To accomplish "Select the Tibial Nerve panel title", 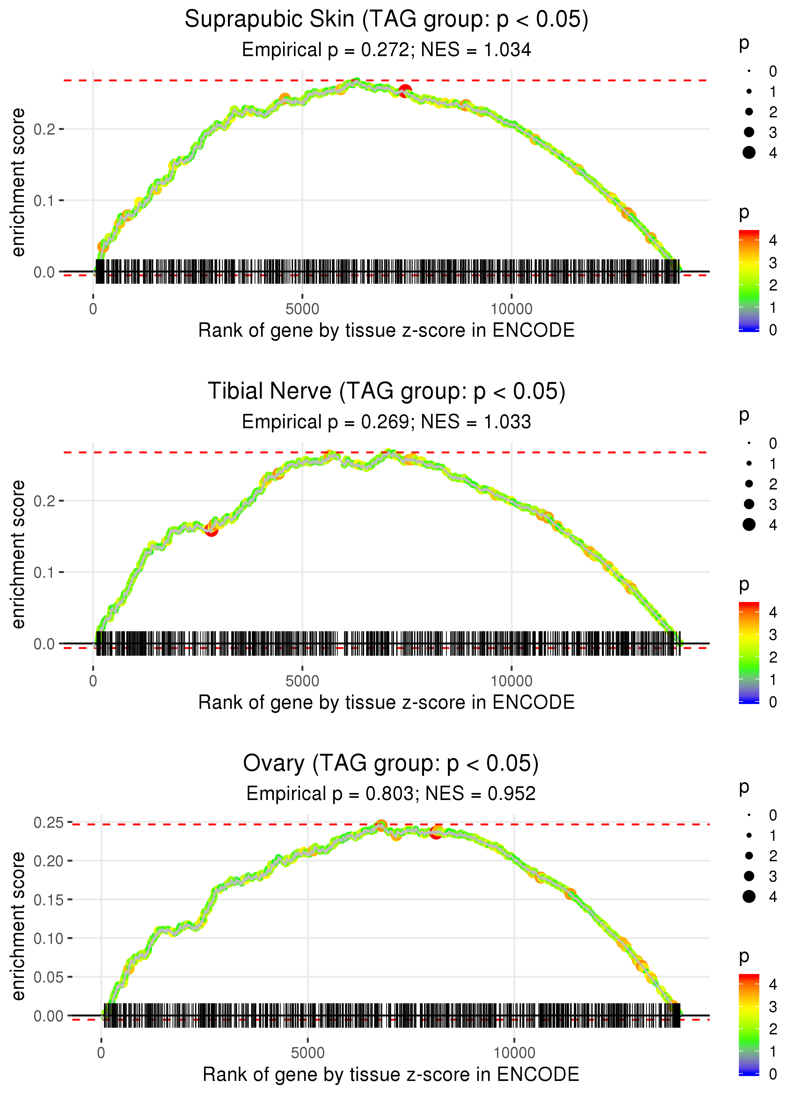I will click(386, 392).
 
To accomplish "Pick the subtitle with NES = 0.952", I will click(391, 794).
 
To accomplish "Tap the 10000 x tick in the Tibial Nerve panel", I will click(511, 681).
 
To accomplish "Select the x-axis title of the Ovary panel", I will click(391, 1074).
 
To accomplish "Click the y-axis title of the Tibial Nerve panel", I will click(18, 554).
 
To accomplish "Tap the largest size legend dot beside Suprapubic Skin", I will click(749, 153).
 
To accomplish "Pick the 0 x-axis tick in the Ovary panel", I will click(101, 1053).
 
